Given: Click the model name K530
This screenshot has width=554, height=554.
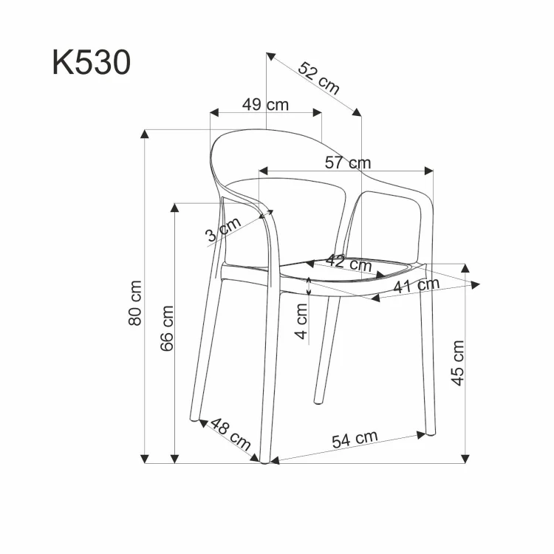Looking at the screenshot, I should pyautogui.click(x=92, y=63).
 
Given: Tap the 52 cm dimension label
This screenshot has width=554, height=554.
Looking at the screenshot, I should pyautogui.click(x=319, y=78).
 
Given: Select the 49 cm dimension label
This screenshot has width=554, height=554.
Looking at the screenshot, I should pyautogui.click(x=266, y=104).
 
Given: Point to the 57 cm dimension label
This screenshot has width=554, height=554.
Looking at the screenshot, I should pyautogui.click(x=349, y=163).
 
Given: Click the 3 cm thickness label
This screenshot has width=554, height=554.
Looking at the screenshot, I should pyautogui.click(x=222, y=230).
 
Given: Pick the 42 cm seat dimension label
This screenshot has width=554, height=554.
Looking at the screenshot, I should pyautogui.click(x=349, y=262).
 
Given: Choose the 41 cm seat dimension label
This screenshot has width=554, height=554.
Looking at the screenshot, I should pyautogui.click(x=416, y=286).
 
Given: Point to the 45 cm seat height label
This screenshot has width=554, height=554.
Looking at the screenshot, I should pyautogui.click(x=458, y=363).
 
